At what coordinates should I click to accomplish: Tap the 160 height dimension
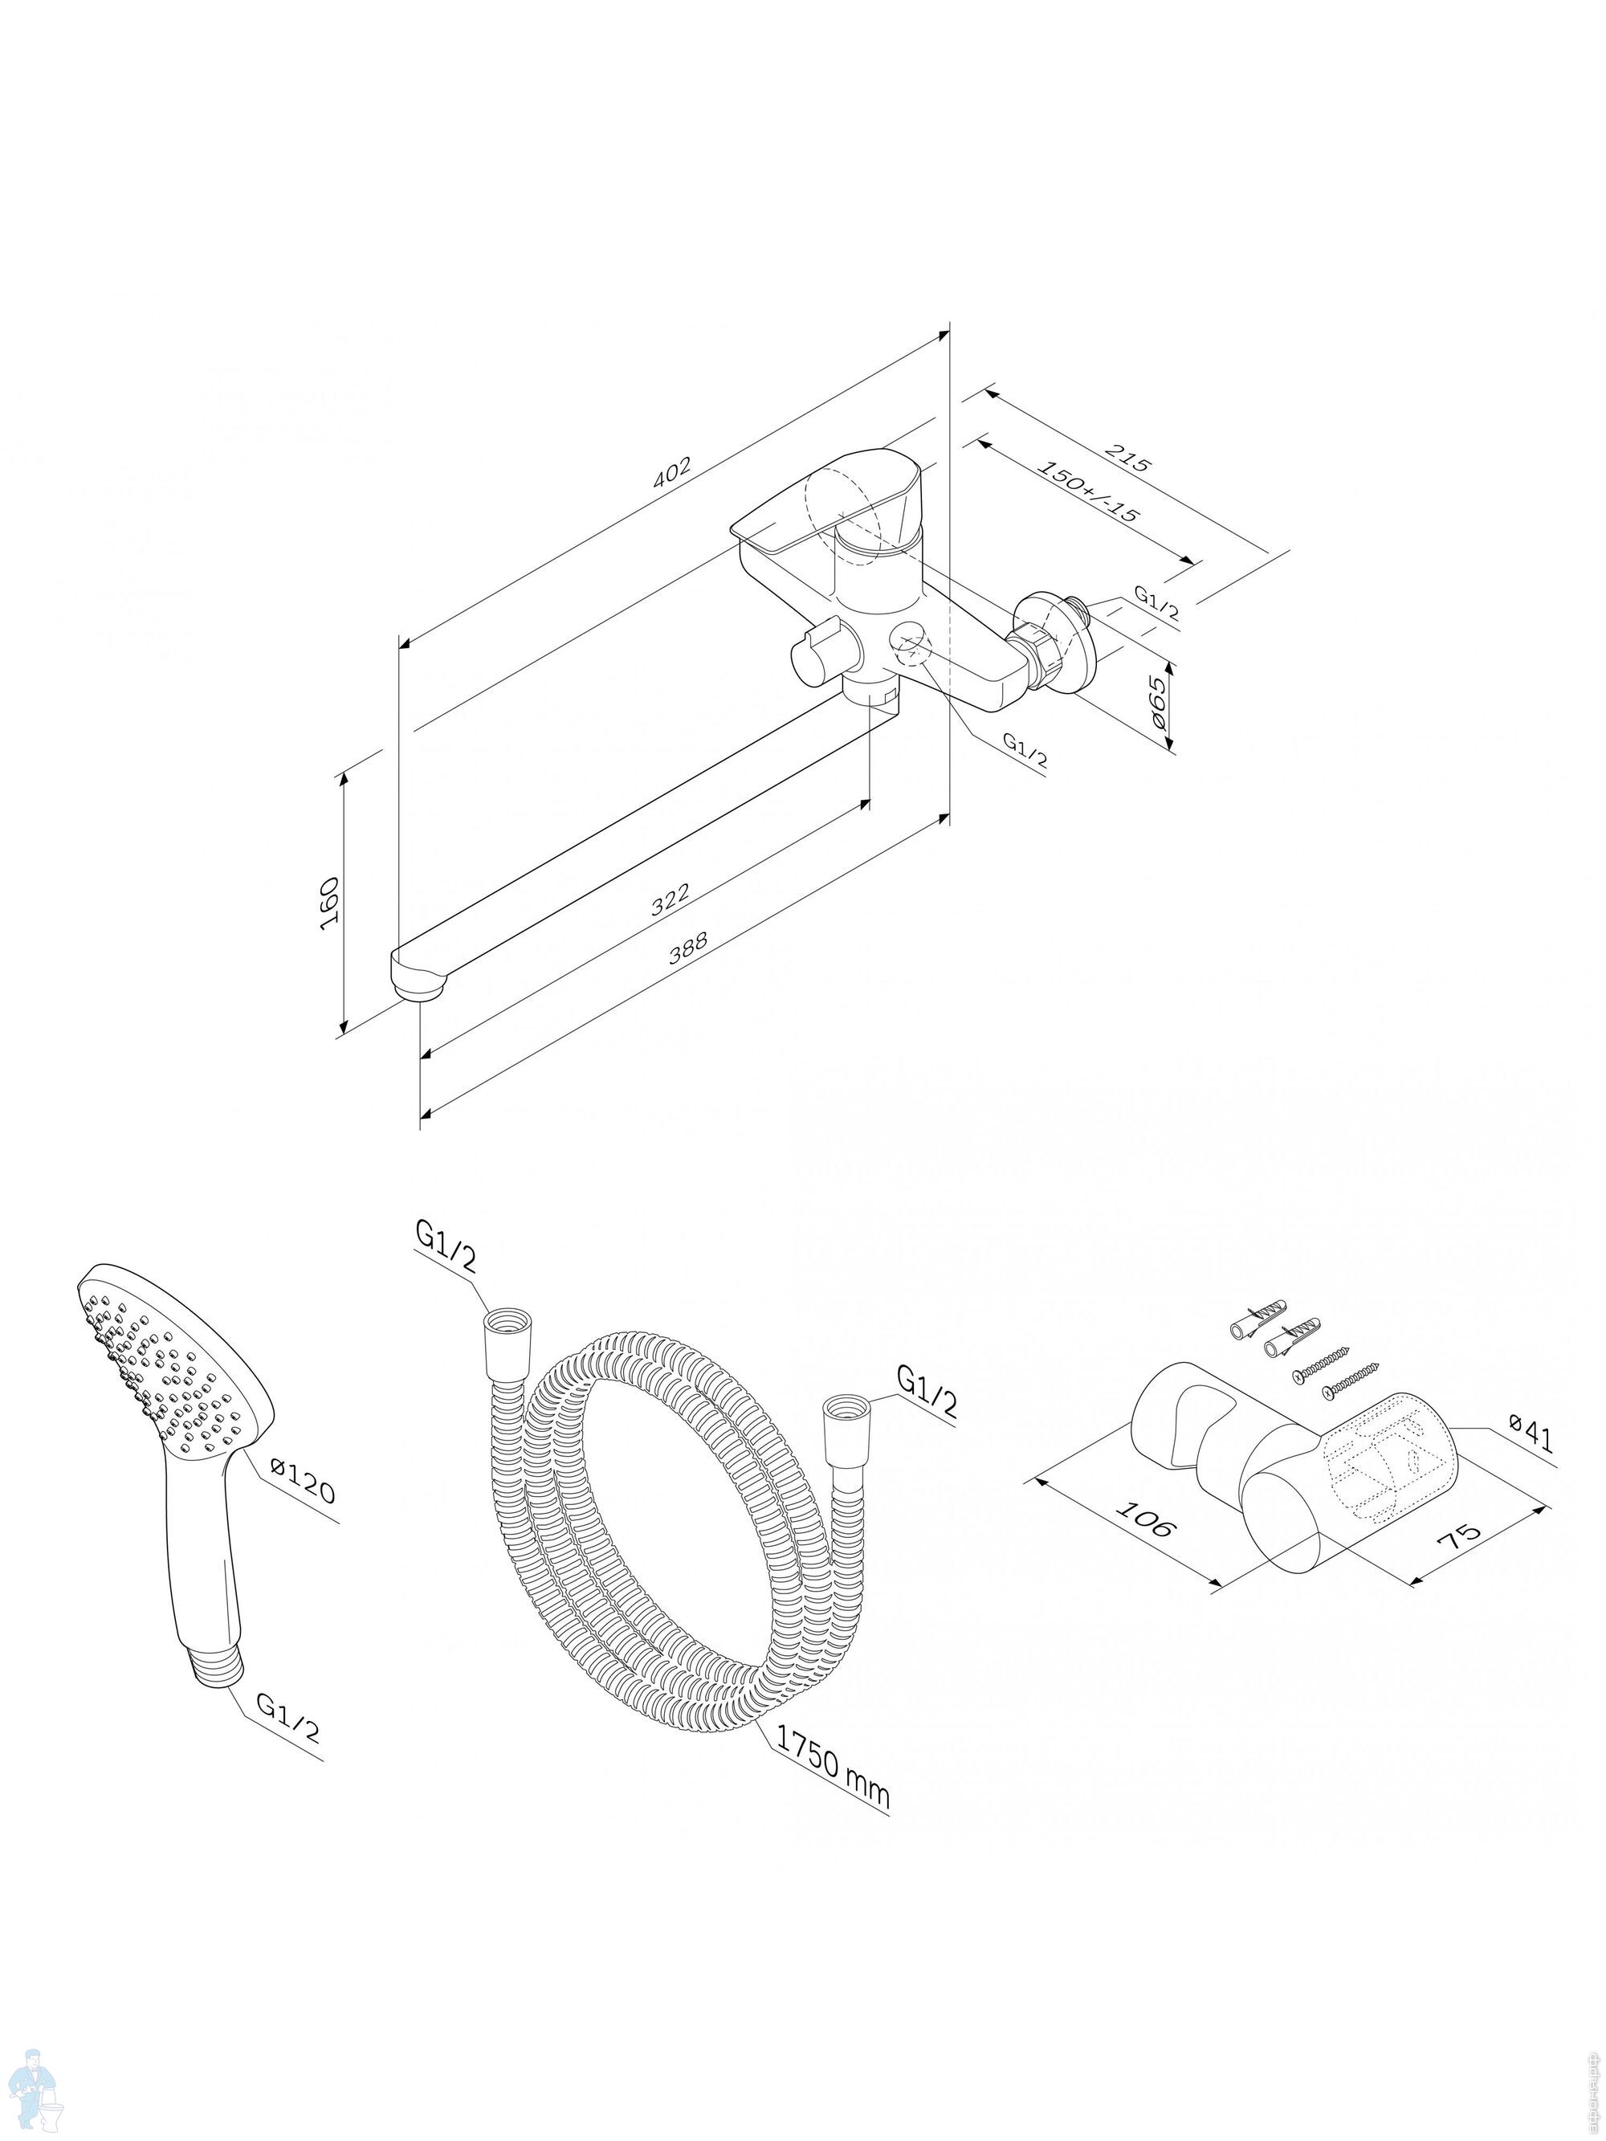[329, 903]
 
